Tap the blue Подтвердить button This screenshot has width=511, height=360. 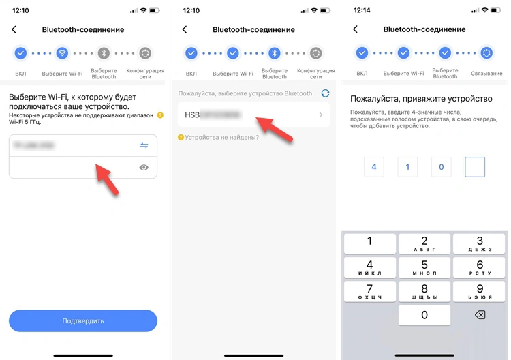[82, 320]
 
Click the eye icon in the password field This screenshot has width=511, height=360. [144, 167]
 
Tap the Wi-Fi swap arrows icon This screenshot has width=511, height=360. [144, 145]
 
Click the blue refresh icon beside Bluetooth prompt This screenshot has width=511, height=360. [325, 93]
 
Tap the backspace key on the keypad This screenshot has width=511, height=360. [480, 315]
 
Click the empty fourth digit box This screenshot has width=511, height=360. [474, 166]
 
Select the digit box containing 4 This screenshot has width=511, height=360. [373, 166]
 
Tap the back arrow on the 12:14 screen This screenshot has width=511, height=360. [355, 30]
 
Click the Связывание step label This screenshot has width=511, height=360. [486, 73]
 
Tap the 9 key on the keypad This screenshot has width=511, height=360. [480, 291]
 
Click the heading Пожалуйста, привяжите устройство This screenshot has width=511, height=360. [421, 99]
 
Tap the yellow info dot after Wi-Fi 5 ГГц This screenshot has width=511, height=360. [160, 115]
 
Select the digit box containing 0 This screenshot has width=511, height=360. [441, 166]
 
